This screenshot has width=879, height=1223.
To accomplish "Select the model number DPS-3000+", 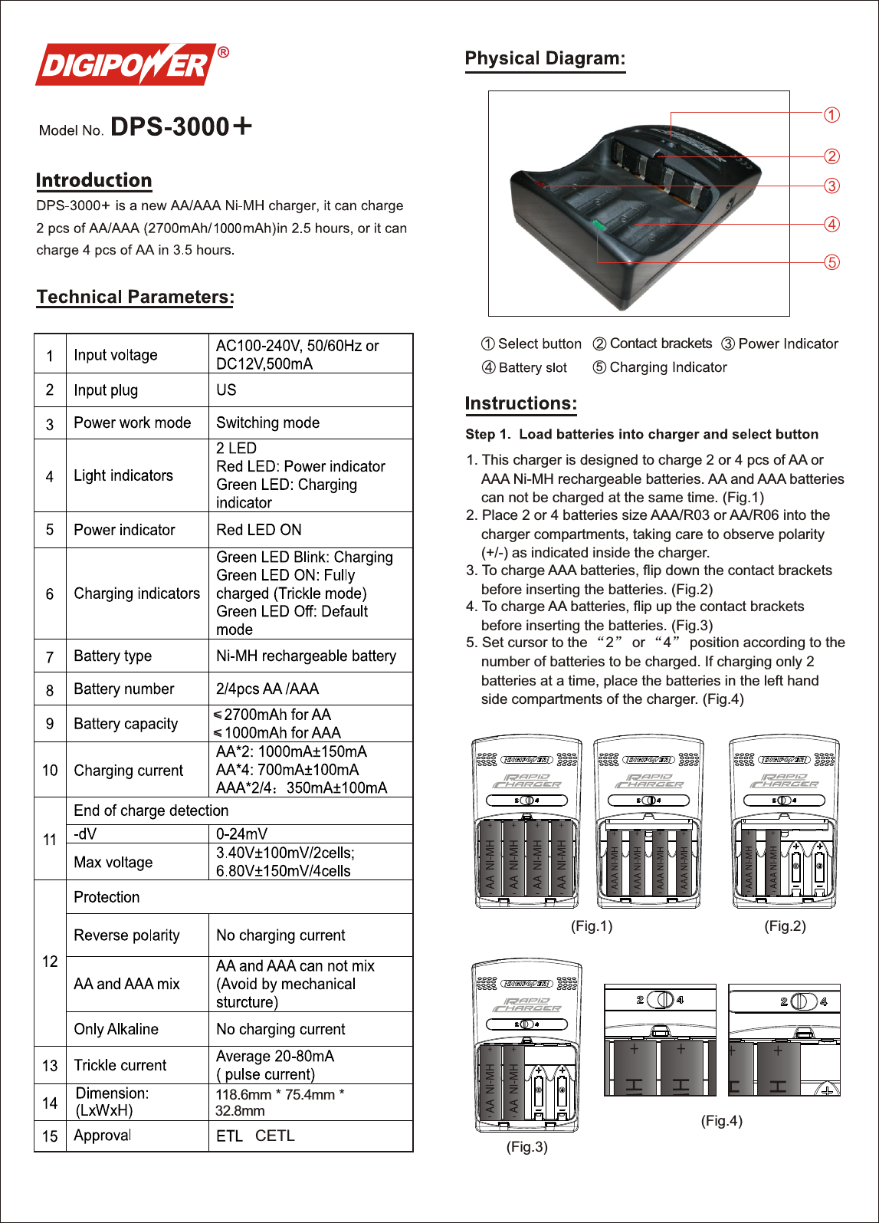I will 181,127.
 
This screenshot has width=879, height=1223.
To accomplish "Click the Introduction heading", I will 93,181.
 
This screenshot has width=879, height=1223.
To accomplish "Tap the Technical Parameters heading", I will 135,298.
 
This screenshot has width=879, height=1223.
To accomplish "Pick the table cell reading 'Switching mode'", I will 267,422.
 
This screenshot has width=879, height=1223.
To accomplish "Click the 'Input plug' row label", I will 106,390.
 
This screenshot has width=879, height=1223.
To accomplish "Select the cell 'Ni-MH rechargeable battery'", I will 306,656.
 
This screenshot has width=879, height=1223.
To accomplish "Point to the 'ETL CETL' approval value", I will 255,1136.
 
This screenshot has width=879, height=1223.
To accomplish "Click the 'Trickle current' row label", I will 120,1065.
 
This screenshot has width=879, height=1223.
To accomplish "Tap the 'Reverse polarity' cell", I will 126,935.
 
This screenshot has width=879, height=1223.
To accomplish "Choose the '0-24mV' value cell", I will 241,833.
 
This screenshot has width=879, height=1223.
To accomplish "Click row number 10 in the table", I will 50,770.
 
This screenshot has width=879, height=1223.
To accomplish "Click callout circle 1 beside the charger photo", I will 831,115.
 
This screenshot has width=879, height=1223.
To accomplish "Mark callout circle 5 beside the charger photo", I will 831,262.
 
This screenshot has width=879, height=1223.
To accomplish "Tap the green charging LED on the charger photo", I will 599,225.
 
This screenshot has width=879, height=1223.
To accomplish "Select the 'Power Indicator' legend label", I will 788,344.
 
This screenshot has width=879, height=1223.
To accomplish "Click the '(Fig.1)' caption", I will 592,926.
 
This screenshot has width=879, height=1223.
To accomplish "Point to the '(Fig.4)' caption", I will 721,1121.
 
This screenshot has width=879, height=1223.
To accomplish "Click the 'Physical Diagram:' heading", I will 545,59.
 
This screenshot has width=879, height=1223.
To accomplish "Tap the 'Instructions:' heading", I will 520,404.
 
